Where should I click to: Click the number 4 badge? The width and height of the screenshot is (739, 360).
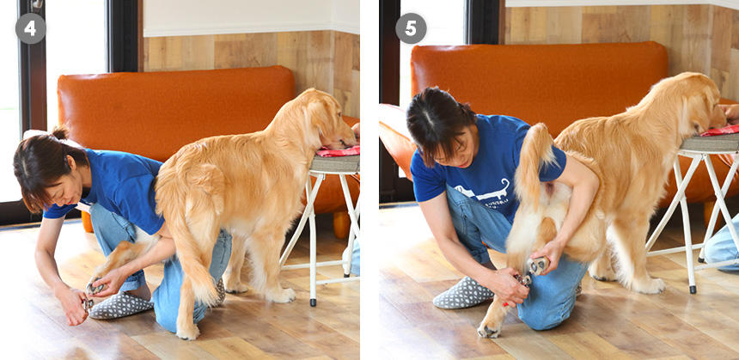pos(31,28)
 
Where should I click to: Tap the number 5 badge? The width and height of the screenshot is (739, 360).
pos(411,28)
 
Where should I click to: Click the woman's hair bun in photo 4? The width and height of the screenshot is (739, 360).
pos(59,132)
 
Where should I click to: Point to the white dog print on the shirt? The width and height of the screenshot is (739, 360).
pos(486,190)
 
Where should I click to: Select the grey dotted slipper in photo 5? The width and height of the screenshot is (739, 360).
pos(463,293)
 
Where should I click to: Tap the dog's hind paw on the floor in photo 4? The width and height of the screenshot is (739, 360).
pos(187,332)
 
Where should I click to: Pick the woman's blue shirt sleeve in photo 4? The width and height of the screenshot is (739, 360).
pos(59,207)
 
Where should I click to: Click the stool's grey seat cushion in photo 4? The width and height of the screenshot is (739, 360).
pos(334,163)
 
